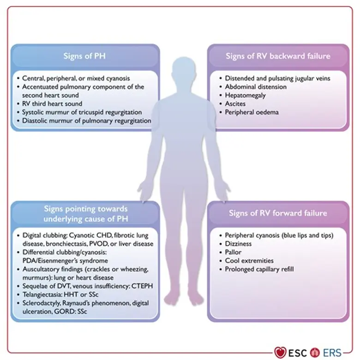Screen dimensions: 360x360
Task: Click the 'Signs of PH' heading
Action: pos(85,56)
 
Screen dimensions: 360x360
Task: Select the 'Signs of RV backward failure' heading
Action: pos(278,56)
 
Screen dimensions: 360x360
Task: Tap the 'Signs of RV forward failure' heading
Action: pos(278,213)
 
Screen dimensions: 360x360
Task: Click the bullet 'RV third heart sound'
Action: pos(53,104)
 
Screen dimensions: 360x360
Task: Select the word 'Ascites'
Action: pos(235,104)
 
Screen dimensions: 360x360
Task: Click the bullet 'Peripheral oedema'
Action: pos(252,112)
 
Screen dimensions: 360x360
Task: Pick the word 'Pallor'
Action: pos(234,252)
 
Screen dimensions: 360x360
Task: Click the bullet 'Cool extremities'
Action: pos(249,261)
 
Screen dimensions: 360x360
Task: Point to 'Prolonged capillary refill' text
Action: pos(259,269)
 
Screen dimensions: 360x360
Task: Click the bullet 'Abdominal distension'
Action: pos(256,87)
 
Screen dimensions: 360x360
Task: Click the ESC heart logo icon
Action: pos(280,353)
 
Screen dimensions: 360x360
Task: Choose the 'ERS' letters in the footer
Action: pos(332,353)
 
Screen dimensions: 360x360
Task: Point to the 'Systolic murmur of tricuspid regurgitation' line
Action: pos(82,112)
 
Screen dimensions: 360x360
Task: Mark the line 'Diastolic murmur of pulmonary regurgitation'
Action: pos(86,121)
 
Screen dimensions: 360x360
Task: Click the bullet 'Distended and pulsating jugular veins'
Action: pos(277,78)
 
